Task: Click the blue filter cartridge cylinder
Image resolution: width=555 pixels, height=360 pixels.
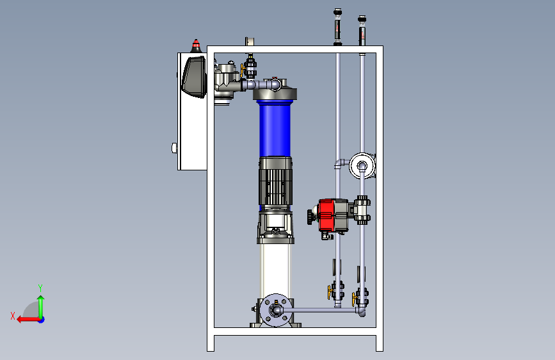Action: point(275,129)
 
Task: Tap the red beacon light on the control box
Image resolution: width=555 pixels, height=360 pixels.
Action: point(196,44)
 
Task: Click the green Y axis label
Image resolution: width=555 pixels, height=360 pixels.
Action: point(40,288)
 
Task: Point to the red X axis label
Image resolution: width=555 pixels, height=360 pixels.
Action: point(13,316)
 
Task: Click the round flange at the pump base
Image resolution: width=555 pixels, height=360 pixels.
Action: point(276,310)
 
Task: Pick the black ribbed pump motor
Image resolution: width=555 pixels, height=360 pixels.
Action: point(275,181)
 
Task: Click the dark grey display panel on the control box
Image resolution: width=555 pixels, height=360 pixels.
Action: point(193,77)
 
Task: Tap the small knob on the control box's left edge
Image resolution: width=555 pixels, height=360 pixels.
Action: point(173,148)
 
